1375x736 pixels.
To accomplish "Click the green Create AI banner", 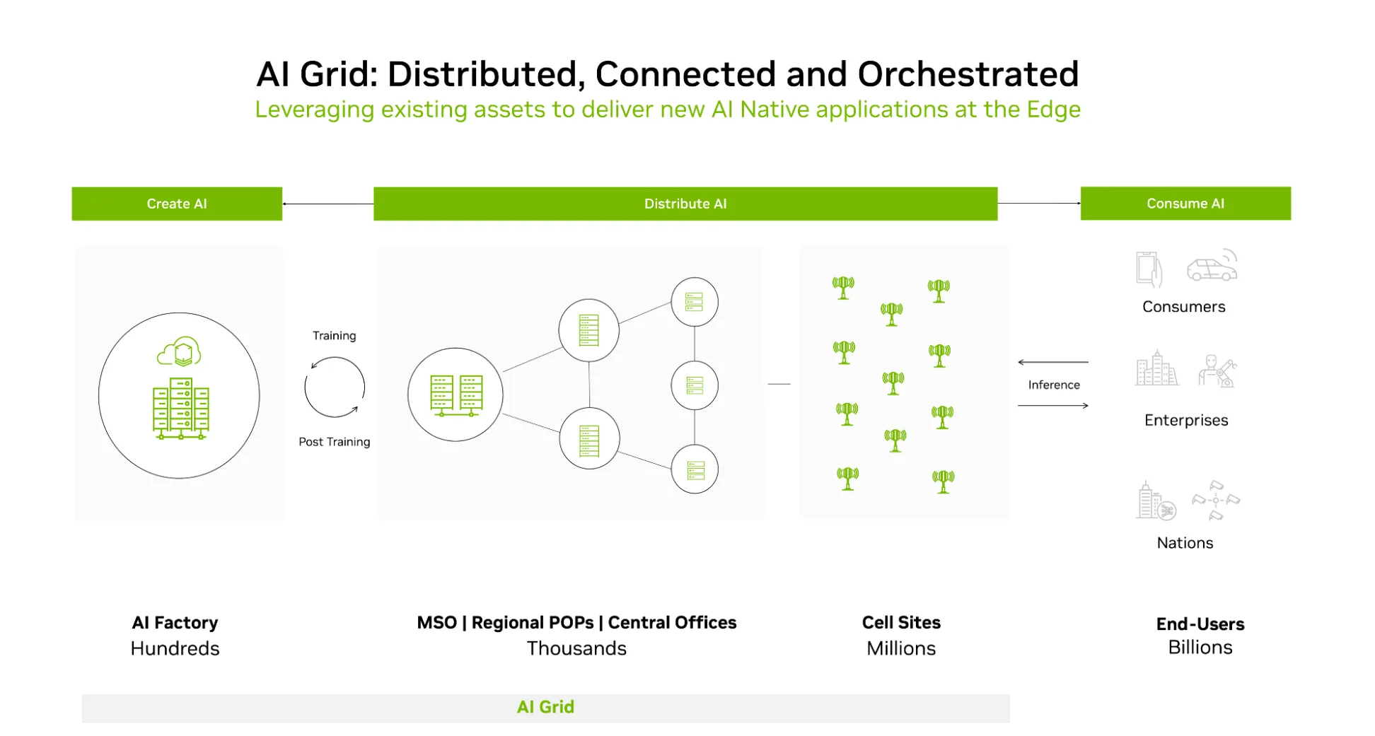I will point(177,204).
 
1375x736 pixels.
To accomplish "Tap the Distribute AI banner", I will point(685,204).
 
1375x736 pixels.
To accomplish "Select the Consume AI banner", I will point(1185,203).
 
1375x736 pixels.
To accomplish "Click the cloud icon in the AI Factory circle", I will point(179,351).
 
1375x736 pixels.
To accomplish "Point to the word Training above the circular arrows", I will point(334,335).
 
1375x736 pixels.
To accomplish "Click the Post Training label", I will point(334,441).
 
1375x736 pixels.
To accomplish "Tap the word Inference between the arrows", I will point(1053,385).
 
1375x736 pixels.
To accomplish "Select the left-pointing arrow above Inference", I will point(1052,362).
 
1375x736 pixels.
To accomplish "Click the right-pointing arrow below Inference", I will point(1052,406).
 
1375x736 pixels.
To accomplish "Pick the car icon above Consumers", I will point(1212,267).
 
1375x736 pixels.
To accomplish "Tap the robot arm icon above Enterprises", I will point(1217,370).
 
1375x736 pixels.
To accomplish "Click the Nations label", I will point(1185,542).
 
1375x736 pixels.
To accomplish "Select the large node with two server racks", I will point(456,395).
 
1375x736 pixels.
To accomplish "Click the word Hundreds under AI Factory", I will point(175,648).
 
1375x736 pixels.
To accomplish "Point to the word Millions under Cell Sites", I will point(900,648).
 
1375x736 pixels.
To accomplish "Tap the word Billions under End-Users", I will point(1200,647).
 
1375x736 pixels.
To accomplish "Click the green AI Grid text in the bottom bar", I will point(545,707).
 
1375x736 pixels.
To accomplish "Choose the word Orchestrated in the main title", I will point(968,74).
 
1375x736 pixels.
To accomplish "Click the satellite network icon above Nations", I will point(1215,500).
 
